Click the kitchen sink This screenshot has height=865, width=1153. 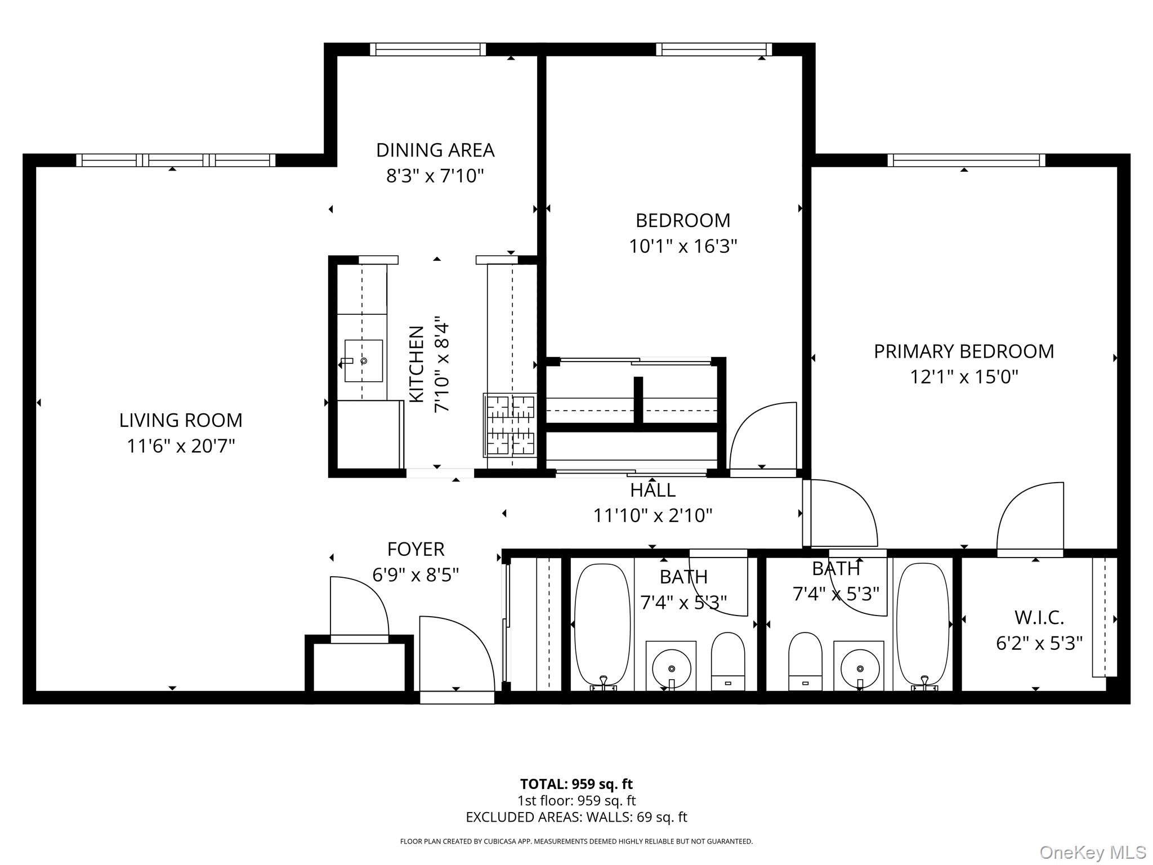click(363, 360)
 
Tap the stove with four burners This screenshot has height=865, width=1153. click(510, 425)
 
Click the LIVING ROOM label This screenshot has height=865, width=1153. click(181, 420)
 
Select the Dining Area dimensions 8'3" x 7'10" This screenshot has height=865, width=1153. click(435, 176)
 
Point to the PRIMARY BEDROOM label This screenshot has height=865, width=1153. click(963, 351)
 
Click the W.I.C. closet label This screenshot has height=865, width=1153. click(1039, 618)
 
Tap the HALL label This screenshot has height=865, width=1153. click(653, 490)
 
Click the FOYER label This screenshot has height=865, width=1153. click(415, 549)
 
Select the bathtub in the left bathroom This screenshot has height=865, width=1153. click(601, 624)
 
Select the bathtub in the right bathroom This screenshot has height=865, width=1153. click(922, 624)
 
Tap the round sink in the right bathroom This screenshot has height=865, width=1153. click(859, 668)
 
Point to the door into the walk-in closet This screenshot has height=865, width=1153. click(1030, 518)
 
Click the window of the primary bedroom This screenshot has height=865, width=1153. click(966, 160)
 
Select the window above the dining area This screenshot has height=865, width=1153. click(428, 50)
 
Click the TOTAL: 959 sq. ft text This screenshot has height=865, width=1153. click(576, 784)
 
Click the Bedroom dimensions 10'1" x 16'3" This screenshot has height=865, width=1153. click(682, 246)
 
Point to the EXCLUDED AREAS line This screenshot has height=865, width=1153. click(576, 817)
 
